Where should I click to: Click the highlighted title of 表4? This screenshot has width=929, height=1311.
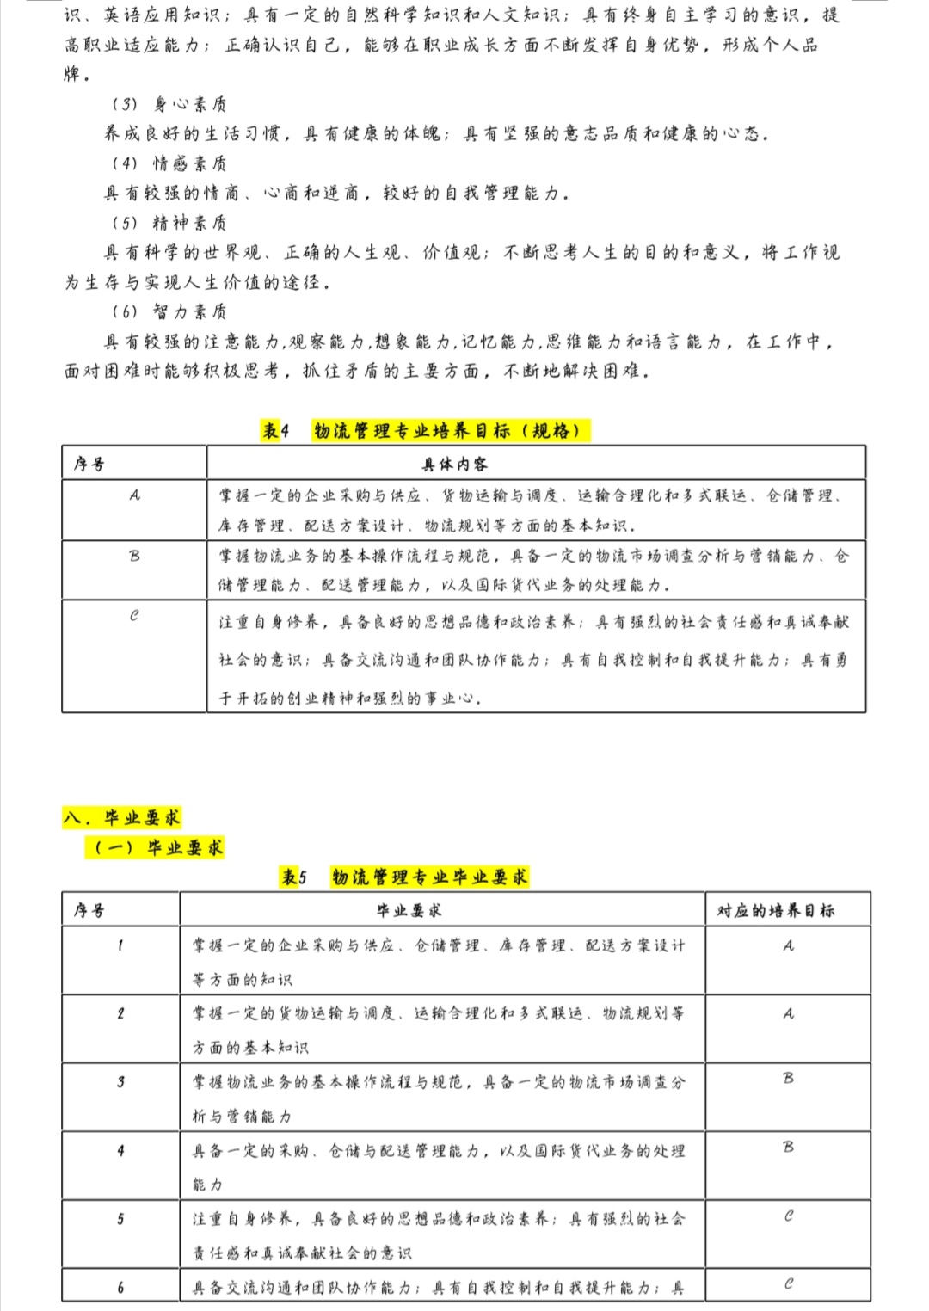tap(426, 430)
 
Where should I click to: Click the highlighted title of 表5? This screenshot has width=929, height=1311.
tap(405, 877)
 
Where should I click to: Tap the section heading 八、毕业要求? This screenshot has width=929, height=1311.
tap(121, 817)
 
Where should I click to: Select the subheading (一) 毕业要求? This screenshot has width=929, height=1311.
tap(158, 847)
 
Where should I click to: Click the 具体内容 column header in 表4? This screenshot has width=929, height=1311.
tap(454, 465)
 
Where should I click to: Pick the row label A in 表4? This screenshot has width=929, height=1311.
tap(134, 495)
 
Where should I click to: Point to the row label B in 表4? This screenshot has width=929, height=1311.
tap(134, 556)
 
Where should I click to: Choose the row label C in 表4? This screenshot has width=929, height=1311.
tap(134, 616)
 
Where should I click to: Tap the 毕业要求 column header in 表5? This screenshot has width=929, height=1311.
tap(409, 910)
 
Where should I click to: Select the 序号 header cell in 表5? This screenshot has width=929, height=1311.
tap(89, 910)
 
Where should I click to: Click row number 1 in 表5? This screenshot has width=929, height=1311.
tap(120, 945)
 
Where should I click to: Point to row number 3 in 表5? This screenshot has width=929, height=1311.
tap(120, 1082)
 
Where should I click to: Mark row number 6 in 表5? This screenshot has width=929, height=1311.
tap(120, 1288)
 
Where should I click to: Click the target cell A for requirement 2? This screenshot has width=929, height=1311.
tap(788, 1013)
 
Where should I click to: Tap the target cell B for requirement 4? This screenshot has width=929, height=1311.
tap(788, 1147)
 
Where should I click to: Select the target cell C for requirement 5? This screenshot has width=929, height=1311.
tap(788, 1216)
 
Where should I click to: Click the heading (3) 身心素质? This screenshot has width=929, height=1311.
tap(169, 104)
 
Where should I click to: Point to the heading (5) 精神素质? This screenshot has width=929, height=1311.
tap(169, 223)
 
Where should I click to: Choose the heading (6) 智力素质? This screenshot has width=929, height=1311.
tap(169, 311)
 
